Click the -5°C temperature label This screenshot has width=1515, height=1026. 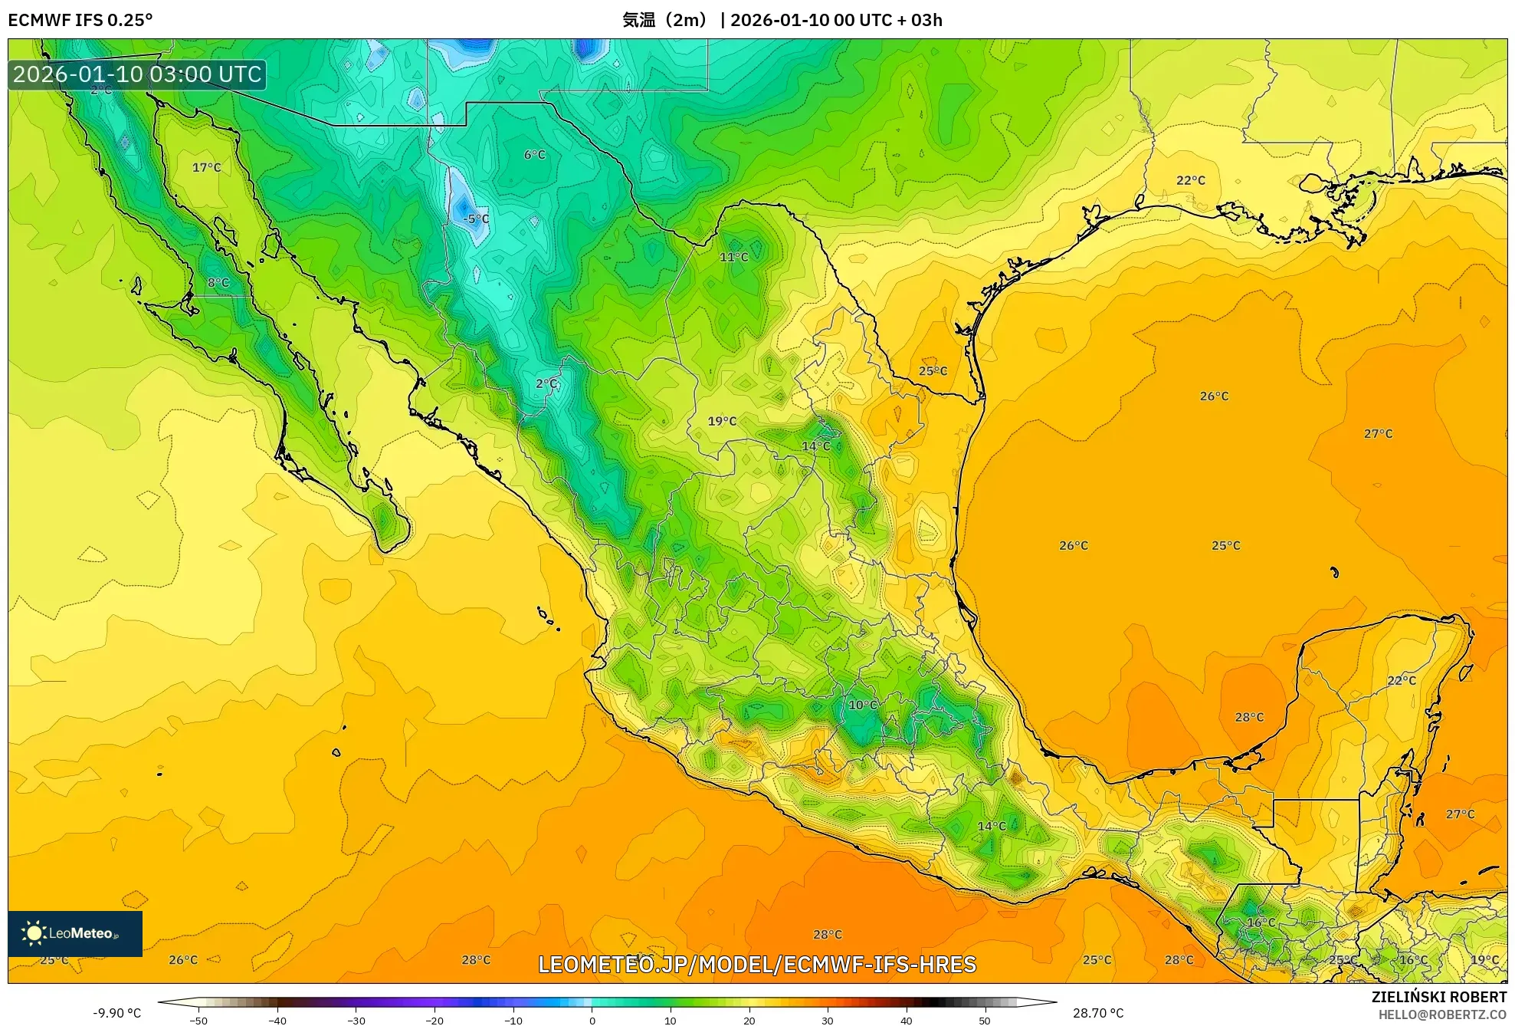[476, 219]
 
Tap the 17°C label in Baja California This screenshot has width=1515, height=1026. [206, 167]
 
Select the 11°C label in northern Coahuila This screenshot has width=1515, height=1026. [733, 257]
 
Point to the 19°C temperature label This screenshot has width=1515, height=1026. [722, 421]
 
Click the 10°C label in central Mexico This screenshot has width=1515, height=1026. [862, 705]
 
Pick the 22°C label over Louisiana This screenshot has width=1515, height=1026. [1190, 180]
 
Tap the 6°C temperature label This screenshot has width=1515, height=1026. [535, 155]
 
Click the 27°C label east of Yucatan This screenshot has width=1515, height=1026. [1460, 814]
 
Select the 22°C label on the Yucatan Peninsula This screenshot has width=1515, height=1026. [1402, 680]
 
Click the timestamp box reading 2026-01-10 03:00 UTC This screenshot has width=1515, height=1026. [137, 75]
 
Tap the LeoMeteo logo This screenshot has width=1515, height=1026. [75, 933]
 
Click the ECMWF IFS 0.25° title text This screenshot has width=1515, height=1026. [80, 20]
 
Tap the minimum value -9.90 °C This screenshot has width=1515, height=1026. [116, 1013]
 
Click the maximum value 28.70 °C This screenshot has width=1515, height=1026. [1097, 1013]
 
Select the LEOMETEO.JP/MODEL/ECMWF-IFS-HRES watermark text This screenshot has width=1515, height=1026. [757, 964]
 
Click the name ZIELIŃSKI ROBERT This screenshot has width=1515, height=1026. [1438, 997]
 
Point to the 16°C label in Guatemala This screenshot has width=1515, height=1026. [1261, 922]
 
